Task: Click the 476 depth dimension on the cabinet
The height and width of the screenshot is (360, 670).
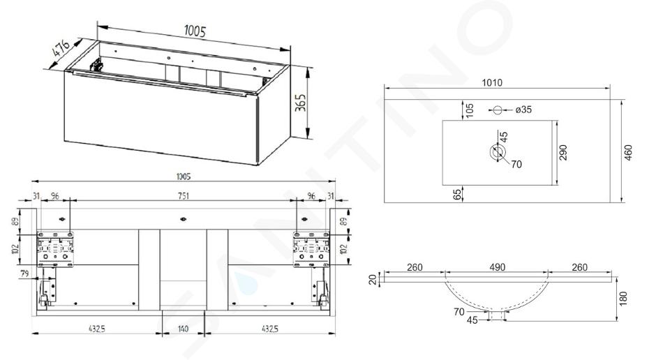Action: [x=61, y=48]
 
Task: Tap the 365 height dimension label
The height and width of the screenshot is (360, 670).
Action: [x=301, y=103]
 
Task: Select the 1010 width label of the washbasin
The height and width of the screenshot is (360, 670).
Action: [x=492, y=82]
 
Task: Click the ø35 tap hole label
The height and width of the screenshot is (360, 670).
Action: [x=523, y=110]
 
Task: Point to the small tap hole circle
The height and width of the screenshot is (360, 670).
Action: [x=497, y=110]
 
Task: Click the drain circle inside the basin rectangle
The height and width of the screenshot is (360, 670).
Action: [x=498, y=152]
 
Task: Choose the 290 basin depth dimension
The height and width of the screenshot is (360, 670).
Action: [x=563, y=153]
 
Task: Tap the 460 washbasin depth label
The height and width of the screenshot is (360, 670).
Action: [x=628, y=153]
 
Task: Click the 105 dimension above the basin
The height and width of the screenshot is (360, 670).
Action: [x=470, y=111]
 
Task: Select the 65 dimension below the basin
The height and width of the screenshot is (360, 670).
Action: [x=457, y=195]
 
